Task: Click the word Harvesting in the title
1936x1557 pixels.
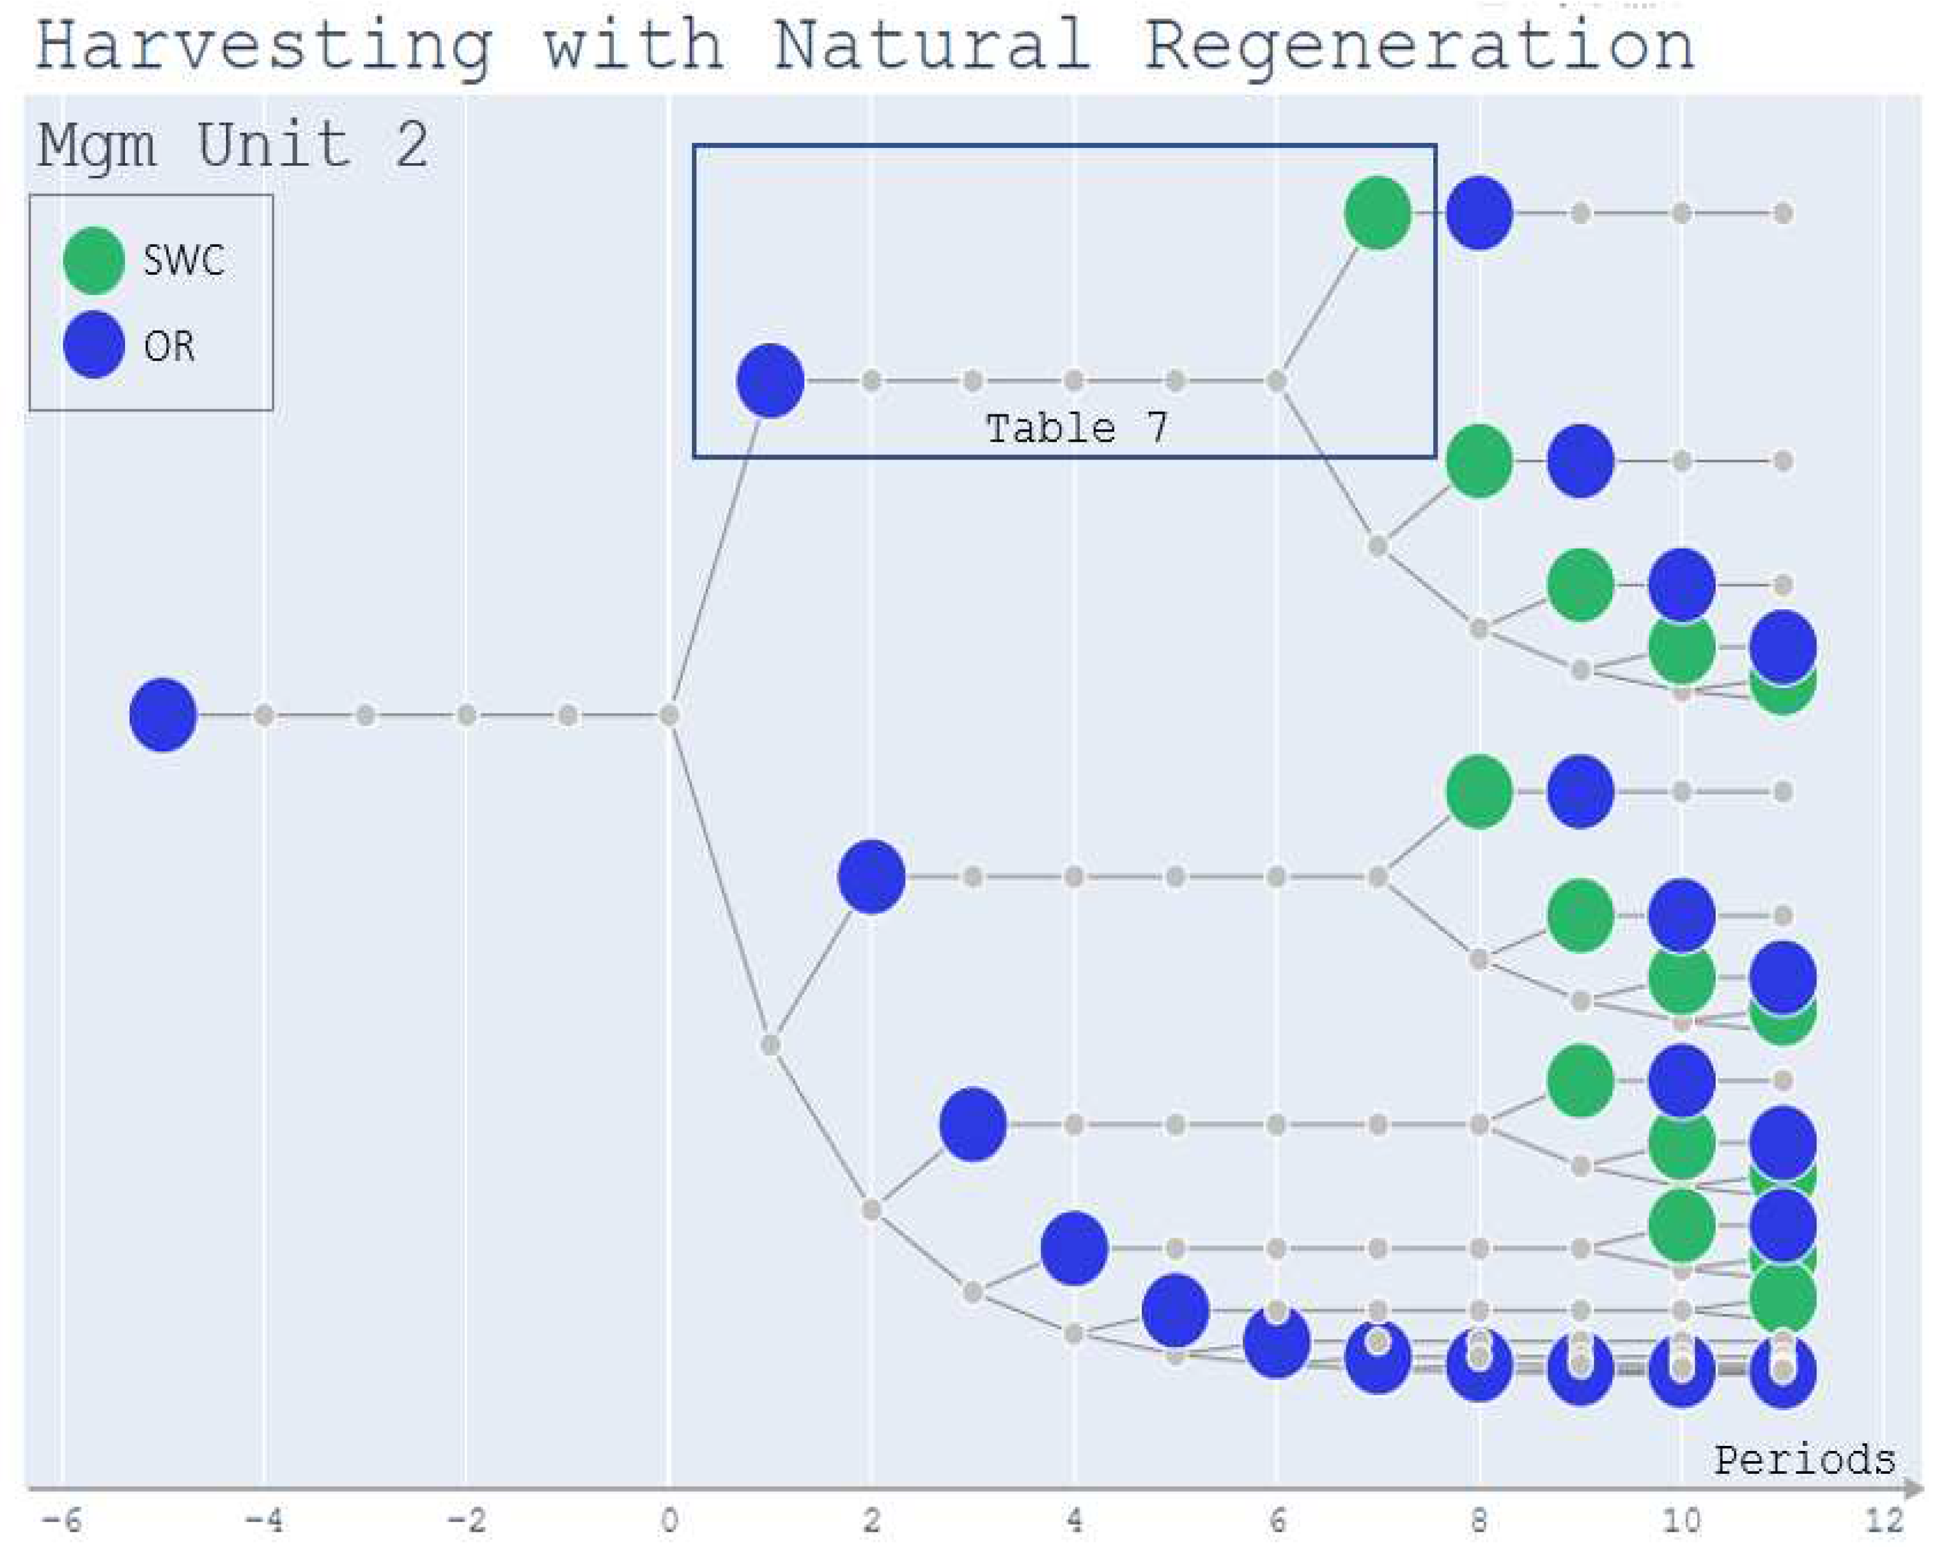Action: (264, 47)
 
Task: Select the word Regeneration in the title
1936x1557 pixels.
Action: (1419, 47)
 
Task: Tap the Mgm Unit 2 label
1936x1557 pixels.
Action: (232, 145)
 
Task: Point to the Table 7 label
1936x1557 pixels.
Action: (1077, 428)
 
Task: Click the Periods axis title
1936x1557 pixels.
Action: (1804, 1461)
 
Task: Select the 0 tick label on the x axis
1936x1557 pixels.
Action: (669, 1521)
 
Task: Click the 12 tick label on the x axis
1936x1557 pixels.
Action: (1883, 1521)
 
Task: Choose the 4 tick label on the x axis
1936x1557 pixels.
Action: (1074, 1521)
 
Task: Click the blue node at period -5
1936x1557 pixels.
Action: (163, 715)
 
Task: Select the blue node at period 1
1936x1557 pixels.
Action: (769, 381)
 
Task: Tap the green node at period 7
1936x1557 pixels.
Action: (1377, 213)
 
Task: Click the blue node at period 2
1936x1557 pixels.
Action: (871, 877)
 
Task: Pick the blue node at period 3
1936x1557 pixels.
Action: (972, 1124)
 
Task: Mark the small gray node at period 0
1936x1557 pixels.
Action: (669, 715)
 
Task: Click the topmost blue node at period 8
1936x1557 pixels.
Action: (1479, 213)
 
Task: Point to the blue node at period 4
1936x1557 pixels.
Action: (1074, 1248)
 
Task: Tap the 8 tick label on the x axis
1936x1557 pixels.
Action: (1479, 1521)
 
